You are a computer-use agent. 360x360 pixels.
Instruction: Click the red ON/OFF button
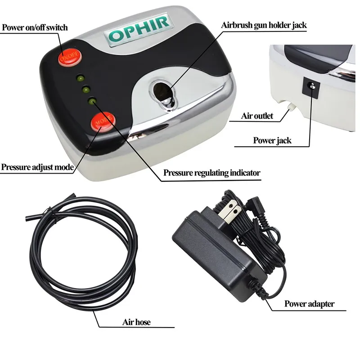tap(70, 57)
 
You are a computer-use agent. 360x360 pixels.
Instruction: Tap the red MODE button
tap(103, 122)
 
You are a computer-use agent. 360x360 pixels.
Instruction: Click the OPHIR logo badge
tap(138, 29)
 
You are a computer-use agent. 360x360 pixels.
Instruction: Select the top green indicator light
tap(81, 78)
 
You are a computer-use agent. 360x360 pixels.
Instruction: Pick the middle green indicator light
tap(86, 90)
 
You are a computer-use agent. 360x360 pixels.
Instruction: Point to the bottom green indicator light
tap(92, 101)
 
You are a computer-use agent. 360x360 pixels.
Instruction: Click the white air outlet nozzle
tap(290, 106)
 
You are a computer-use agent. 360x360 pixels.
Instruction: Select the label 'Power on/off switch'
tap(35, 27)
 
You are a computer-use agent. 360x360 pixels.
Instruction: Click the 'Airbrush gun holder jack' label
tap(264, 25)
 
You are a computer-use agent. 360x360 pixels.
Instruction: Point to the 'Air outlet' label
tap(257, 116)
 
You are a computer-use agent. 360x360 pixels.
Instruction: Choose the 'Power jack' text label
tap(272, 140)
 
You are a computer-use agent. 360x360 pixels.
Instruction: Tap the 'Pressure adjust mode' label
tap(37, 167)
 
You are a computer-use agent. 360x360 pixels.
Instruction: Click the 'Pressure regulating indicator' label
tap(211, 173)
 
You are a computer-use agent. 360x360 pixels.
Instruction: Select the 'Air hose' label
tap(136, 322)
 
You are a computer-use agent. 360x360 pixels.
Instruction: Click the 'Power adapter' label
tap(309, 304)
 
